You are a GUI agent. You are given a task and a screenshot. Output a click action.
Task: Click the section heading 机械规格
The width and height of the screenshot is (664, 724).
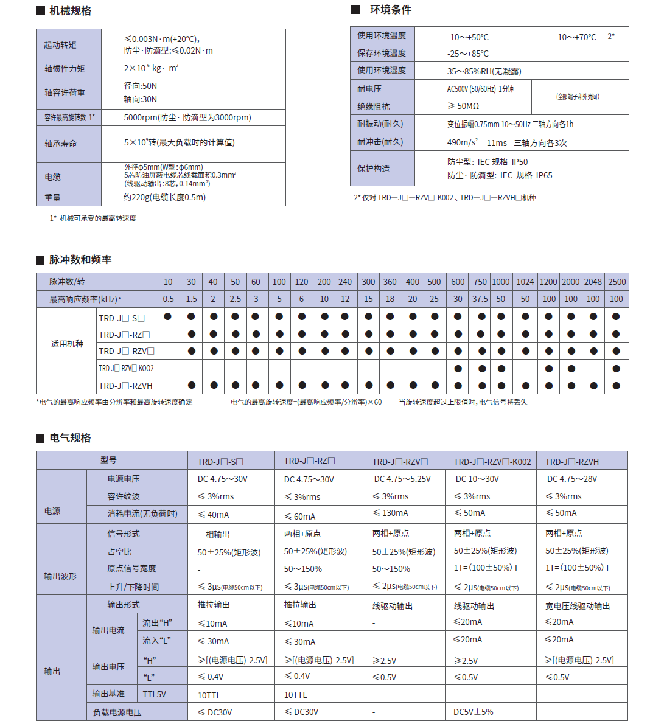(x=70, y=11)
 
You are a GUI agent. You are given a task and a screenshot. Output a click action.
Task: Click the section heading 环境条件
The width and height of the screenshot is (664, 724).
(x=390, y=10)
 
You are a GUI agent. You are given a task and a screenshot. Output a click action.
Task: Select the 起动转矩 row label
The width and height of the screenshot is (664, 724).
(x=60, y=45)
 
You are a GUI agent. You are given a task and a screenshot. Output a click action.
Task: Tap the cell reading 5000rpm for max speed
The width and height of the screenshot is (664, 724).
(x=187, y=117)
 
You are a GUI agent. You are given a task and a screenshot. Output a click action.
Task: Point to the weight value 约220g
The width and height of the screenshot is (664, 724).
(x=164, y=197)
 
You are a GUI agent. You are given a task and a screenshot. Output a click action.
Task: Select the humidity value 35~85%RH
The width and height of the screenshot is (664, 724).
(x=484, y=71)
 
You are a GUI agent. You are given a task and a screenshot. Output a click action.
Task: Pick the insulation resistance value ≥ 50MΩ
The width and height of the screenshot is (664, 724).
(x=463, y=106)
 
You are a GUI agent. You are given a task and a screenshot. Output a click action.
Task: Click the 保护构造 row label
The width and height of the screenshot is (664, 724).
(x=374, y=169)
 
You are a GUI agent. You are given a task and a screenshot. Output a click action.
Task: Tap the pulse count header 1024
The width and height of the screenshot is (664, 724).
(x=525, y=282)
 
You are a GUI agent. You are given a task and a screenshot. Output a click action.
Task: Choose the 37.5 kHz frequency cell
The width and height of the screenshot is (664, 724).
(x=480, y=299)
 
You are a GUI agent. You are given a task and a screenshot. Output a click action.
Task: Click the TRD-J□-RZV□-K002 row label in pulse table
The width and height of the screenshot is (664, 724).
(x=127, y=368)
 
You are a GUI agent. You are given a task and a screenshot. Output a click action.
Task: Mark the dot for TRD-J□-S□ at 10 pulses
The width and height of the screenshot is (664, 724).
(x=168, y=316)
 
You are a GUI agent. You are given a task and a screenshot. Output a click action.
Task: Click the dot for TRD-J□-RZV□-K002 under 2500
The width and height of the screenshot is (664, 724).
(x=617, y=369)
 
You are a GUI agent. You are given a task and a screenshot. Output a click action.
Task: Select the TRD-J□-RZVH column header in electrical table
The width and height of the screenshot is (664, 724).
(x=571, y=462)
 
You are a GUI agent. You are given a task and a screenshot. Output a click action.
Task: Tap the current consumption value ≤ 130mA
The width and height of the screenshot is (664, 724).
(x=391, y=513)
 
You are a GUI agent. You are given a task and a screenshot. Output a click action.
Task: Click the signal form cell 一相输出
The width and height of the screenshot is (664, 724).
(x=214, y=534)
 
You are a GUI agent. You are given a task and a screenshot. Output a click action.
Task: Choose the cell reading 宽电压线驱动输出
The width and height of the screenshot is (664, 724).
(x=577, y=606)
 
